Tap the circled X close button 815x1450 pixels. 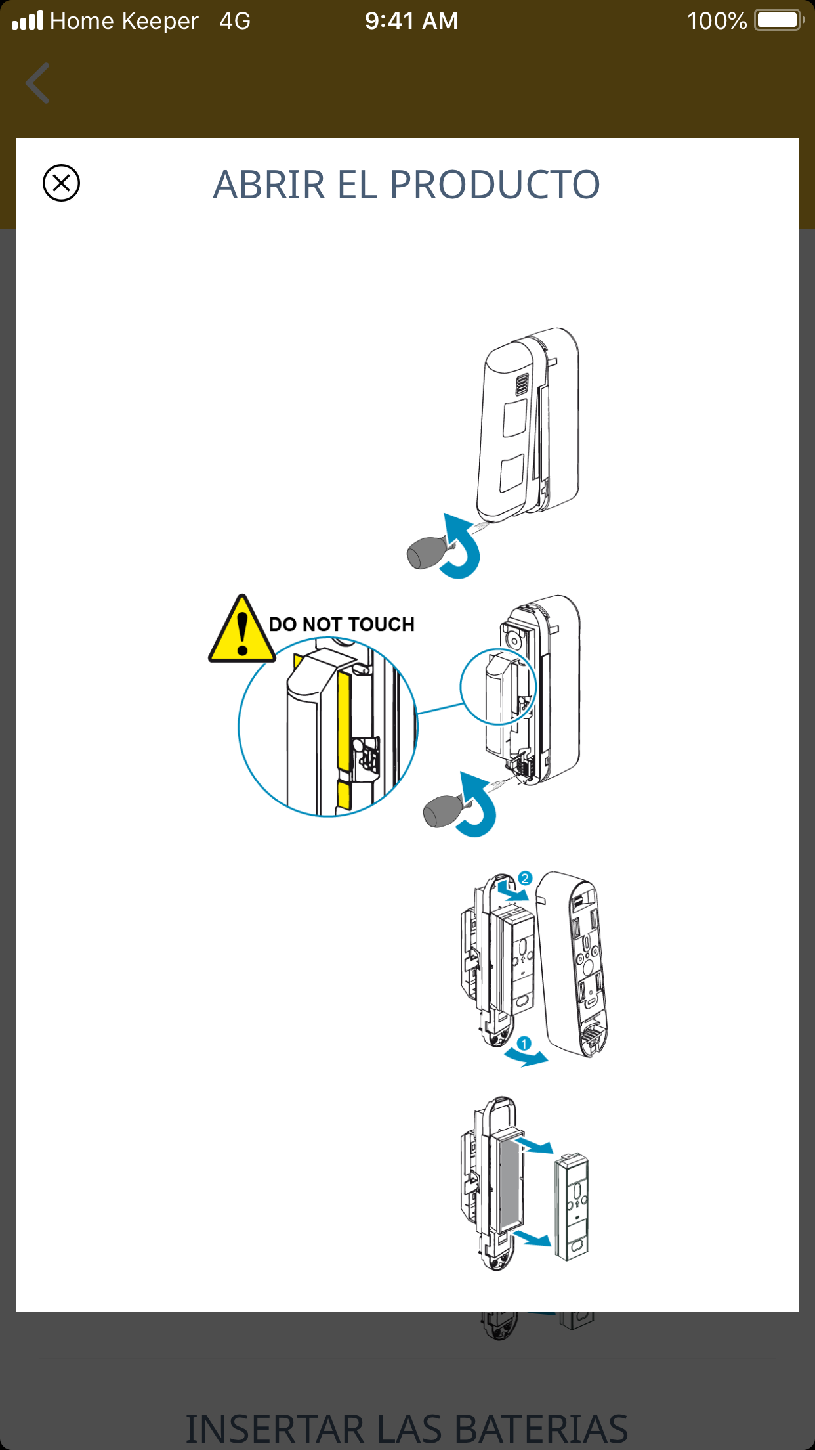click(x=61, y=183)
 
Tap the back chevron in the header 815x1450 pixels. click(x=38, y=83)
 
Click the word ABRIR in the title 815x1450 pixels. click(x=269, y=185)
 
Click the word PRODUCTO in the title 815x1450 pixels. click(x=495, y=185)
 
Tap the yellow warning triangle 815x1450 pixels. click(x=241, y=631)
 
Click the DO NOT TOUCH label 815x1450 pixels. click(x=342, y=624)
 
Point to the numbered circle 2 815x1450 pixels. click(x=525, y=879)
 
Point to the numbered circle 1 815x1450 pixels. click(x=524, y=1044)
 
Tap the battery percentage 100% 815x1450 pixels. click(x=717, y=21)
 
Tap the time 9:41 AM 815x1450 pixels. click(x=411, y=21)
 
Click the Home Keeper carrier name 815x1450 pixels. click(x=124, y=21)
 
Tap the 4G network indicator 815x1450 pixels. click(x=235, y=21)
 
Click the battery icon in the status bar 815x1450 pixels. click(x=779, y=20)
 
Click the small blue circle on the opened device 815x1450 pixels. click(x=498, y=686)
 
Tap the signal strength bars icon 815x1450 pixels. click(x=28, y=20)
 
